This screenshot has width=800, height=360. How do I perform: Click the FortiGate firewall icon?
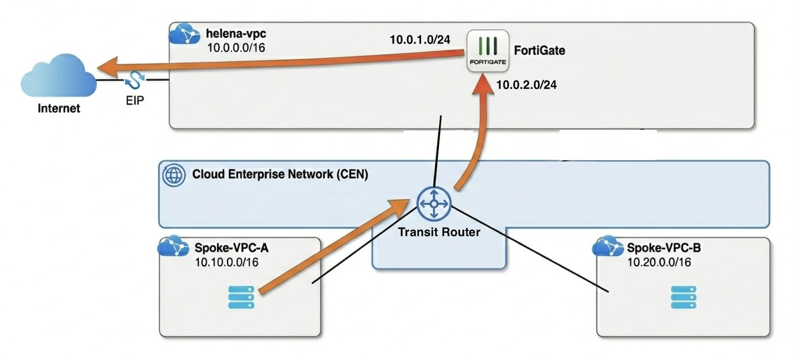pyautogui.click(x=487, y=51)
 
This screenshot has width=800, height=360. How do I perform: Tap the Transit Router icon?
pyautogui.click(x=434, y=204)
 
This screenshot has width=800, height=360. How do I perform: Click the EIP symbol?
pyautogui.click(x=135, y=80)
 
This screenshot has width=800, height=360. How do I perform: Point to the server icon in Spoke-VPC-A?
pyautogui.click(x=241, y=297)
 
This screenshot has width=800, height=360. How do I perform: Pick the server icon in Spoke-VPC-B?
pyautogui.click(x=683, y=297)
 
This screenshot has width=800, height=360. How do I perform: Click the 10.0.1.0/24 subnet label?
pyautogui.click(x=420, y=40)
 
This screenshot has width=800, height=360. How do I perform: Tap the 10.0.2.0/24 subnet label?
pyautogui.click(x=526, y=85)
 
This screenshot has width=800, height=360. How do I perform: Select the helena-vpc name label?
pyautogui.click(x=236, y=33)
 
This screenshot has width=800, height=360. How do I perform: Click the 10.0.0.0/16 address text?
pyautogui.click(x=236, y=48)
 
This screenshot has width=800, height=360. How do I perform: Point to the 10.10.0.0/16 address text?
pyautogui.click(x=227, y=262)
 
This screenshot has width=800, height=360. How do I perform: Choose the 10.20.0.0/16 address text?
pyautogui.click(x=659, y=262)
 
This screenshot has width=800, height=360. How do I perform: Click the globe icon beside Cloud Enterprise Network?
pyautogui.click(x=174, y=175)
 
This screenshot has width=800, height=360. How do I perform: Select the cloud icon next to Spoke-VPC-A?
pyautogui.click(x=173, y=246)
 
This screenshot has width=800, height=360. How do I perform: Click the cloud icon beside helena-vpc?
pyautogui.click(x=184, y=34)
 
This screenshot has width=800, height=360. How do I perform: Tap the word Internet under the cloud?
pyautogui.click(x=59, y=108)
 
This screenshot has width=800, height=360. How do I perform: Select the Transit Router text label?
pyautogui.click(x=439, y=232)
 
